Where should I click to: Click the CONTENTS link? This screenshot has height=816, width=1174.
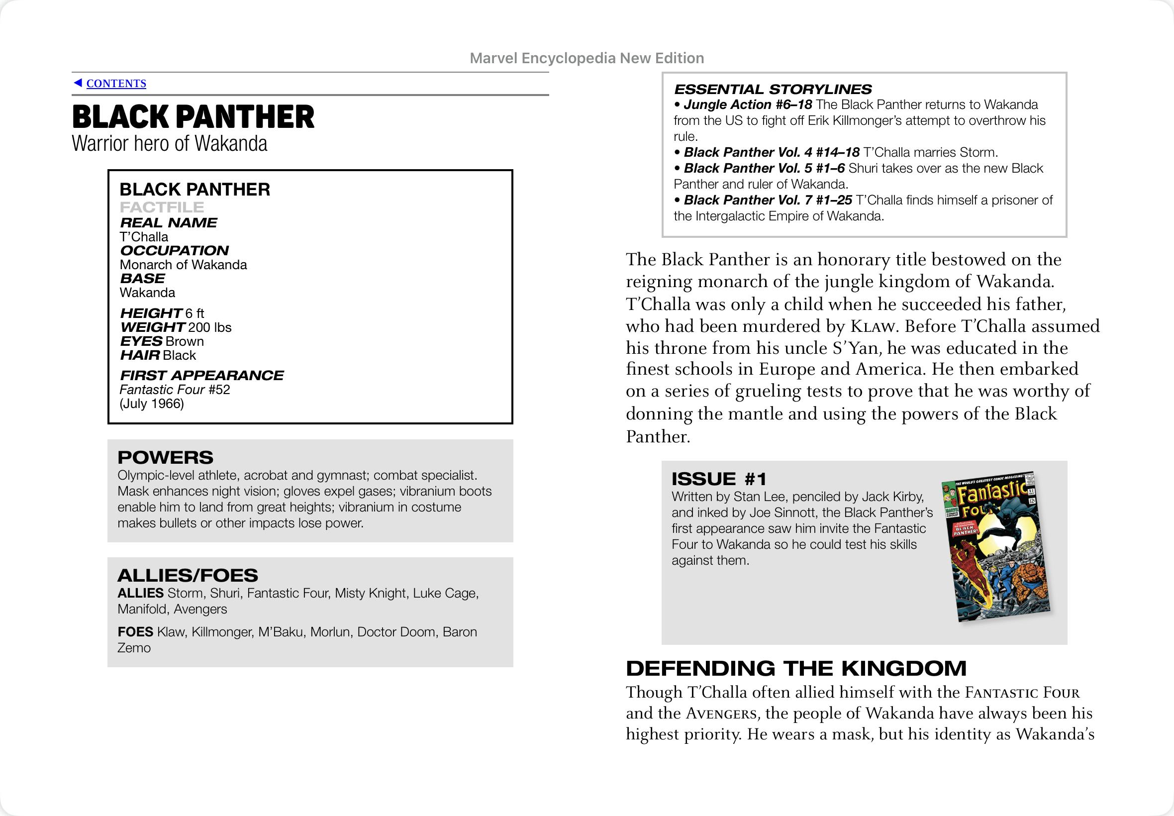(x=116, y=83)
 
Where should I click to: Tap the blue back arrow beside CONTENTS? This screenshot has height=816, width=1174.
(x=78, y=83)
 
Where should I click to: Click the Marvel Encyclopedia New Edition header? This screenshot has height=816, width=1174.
(x=587, y=58)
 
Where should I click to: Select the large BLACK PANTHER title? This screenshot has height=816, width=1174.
(x=193, y=116)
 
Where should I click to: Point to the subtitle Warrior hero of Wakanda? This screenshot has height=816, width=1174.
(x=169, y=144)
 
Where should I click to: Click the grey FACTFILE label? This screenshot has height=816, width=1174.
(x=162, y=207)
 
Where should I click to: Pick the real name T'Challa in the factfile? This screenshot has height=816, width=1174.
(x=144, y=237)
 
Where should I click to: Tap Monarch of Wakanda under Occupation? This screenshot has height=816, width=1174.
(x=183, y=265)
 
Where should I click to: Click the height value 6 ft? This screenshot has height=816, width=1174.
(x=195, y=313)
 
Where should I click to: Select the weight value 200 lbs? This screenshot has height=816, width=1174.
(x=209, y=327)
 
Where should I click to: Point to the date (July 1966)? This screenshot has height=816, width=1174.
(x=151, y=404)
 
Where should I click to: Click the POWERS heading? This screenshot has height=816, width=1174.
(x=165, y=457)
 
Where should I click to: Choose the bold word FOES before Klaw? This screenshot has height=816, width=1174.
(x=135, y=632)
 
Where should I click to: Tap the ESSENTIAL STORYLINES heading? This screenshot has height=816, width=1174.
(x=772, y=90)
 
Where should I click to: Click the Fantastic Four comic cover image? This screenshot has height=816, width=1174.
(x=995, y=546)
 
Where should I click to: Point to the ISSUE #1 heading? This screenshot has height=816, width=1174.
(x=719, y=479)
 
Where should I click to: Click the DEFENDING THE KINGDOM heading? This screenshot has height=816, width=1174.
(x=796, y=668)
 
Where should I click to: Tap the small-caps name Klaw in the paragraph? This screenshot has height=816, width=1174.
(x=873, y=326)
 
